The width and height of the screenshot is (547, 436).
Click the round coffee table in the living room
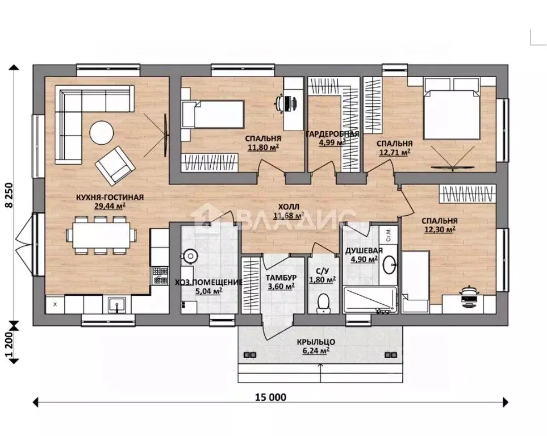(102, 132)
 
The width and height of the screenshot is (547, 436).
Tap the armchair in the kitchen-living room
(115, 166)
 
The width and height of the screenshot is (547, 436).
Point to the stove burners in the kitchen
(160, 275)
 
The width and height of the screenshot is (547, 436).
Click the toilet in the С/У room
(323, 304)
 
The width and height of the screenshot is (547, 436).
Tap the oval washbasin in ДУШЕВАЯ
(389, 265)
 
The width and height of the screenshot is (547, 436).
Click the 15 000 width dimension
(270, 397)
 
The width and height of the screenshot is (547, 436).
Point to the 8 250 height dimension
(9, 195)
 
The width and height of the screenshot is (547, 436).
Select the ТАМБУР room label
(281, 278)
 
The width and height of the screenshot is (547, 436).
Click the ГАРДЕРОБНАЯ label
(332, 134)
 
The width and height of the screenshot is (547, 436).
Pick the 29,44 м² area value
(110, 206)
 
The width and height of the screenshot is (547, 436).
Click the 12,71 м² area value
(395, 152)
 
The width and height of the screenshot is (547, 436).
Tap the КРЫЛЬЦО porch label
(316, 342)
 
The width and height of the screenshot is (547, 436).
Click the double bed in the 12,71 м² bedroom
(450, 108)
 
